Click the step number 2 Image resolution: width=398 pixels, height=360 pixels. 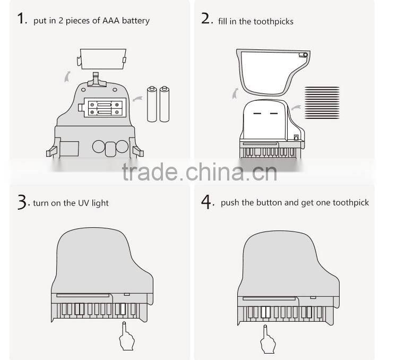pos(207,20)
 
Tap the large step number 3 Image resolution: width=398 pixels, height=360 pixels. pos(22,202)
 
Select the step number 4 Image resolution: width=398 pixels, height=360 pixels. pos(207,202)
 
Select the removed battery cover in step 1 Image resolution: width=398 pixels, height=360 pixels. pos(102,58)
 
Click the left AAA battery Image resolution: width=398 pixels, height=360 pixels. pos(152,104)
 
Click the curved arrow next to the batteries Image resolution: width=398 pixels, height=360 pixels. pos(136,98)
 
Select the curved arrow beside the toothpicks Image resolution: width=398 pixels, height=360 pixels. pos(295,108)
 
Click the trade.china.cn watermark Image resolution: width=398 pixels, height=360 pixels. pos(199,172)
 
